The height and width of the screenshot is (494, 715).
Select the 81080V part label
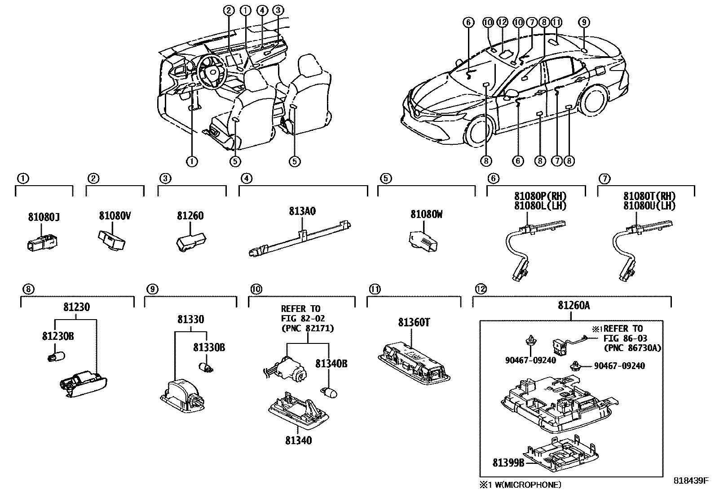pyautogui.click(x=115, y=216)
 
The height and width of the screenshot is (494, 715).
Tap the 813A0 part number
pyautogui.click(x=302, y=211)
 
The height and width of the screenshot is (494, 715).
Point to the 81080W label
pyautogui.click(x=426, y=214)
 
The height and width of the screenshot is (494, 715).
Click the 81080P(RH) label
pyautogui.click(x=540, y=196)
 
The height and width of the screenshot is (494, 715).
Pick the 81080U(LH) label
pyautogui.click(x=649, y=206)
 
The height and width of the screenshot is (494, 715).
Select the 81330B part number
pyautogui.click(x=209, y=347)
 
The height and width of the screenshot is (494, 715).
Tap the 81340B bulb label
pyautogui.click(x=331, y=364)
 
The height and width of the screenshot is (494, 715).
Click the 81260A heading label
pyautogui.click(x=574, y=306)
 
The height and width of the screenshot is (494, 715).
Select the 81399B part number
pyautogui.click(x=508, y=463)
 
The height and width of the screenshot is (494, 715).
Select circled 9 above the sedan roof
pyautogui.click(x=584, y=22)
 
